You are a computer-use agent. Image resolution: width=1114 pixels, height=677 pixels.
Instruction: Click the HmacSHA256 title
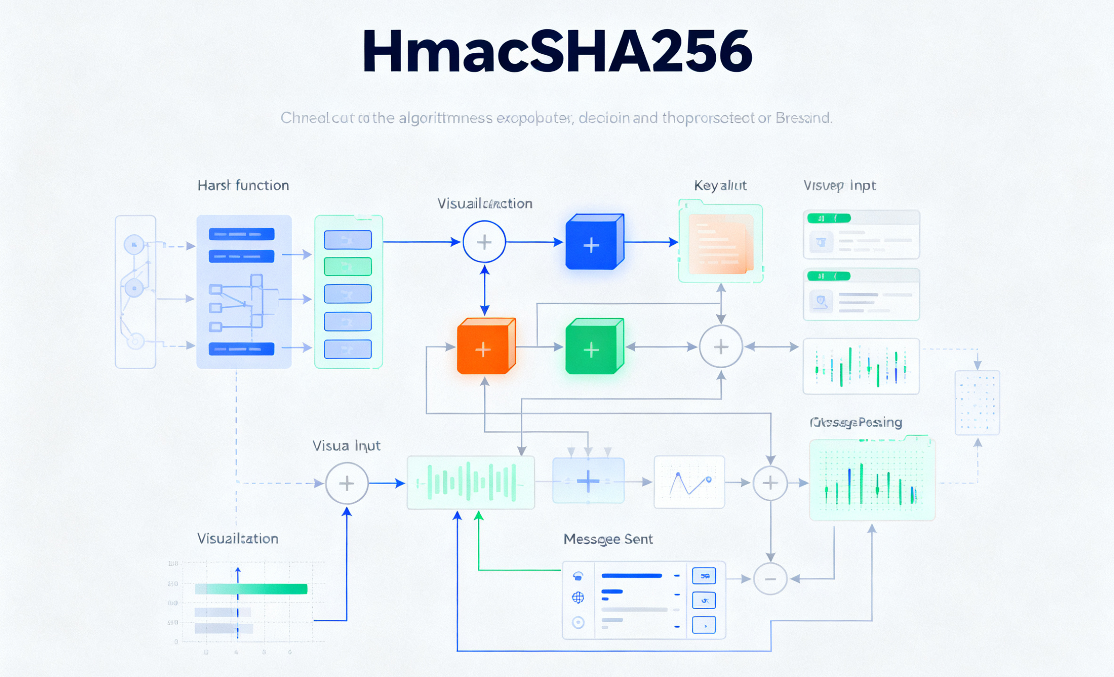[x=557, y=51]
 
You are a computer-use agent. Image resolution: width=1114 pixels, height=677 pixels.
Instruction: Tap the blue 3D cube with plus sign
[x=594, y=242]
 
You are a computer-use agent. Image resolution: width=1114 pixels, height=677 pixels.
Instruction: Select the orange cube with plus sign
[x=485, y=347]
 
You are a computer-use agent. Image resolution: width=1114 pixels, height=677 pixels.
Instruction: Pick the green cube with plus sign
[x=594, y=347]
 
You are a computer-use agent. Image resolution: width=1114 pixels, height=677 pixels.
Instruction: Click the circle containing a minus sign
[x=770, y=578]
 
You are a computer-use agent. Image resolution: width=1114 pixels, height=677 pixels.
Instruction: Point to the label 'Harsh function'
[x=243, y=185]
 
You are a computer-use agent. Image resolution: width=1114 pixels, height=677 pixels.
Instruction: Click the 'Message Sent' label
[x=608, y=539]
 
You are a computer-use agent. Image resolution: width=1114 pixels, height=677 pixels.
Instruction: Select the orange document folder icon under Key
[x=720, y=243]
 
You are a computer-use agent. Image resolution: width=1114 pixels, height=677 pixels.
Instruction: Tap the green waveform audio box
[x=470, y=482]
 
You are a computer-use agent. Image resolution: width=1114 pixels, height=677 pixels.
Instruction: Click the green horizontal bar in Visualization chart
[x=251, y=589]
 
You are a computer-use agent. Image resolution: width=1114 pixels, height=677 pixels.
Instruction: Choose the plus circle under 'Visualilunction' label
[x=484, y=242]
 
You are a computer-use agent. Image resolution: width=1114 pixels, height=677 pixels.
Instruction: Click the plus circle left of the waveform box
[x=347, y=483]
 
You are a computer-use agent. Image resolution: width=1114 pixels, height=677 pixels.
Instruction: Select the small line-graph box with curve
[x=689, y=482]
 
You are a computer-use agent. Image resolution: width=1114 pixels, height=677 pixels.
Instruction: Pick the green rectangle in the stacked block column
[x=348, y=267]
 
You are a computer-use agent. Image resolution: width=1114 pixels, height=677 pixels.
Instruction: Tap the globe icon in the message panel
[x=578, y=598]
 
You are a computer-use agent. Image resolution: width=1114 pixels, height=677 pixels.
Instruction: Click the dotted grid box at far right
[x=977, y=403]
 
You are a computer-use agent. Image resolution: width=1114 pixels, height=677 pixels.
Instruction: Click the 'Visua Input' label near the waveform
[x=346, y=446]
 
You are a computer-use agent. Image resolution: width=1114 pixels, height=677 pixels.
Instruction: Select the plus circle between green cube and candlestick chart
[x=721, y=347]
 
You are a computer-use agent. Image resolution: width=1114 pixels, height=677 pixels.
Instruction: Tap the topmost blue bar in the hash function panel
[x=241, y=234]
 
